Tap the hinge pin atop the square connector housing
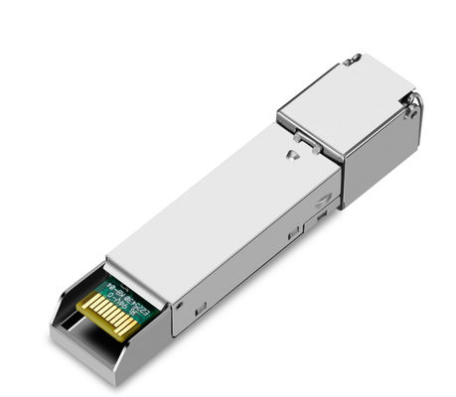click(x=351, y=61)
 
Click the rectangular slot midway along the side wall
click(x=292, y=234)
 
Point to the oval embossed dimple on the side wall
click(x=323, y=199)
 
